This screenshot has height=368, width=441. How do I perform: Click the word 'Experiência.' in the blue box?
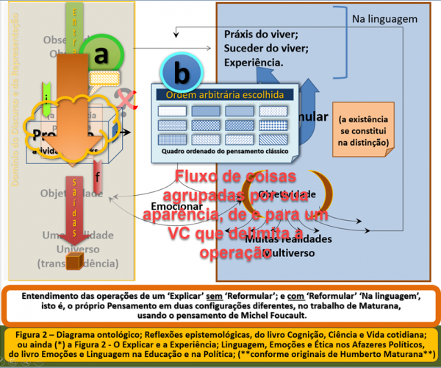(x=254, y=63)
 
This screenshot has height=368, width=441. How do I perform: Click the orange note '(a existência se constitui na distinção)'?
(x=363, y=130)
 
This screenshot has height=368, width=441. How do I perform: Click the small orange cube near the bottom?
(x=73, y=262)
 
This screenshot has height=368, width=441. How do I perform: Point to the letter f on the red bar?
(x=98, y=175)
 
